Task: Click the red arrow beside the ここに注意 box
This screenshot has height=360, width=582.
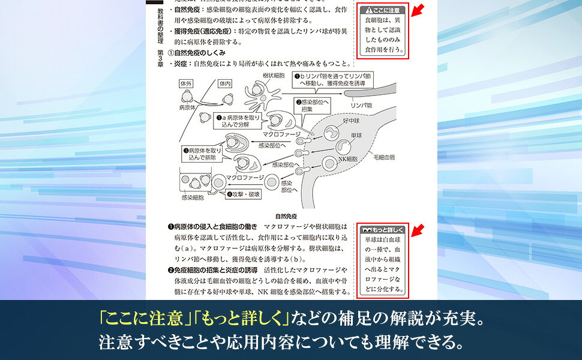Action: [417, 10]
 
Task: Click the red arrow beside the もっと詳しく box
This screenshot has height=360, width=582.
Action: [417, 230]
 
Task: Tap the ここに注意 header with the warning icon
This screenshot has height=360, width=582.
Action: [383, 10]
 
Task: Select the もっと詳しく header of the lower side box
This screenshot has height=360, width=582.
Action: [383, 230]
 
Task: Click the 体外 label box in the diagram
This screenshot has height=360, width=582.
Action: [185, 83]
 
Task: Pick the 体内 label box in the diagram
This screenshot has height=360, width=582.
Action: [225, 83]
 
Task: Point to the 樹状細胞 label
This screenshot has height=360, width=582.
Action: [274, 76]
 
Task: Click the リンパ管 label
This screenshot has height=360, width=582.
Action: [361, 106]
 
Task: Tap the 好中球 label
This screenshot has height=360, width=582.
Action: [351, 121]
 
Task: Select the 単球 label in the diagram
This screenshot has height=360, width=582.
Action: [356, 136]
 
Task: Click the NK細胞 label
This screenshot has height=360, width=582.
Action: [348, 159]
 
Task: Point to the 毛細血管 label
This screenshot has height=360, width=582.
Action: [384, 157]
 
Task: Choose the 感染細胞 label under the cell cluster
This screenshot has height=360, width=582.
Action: [193, 198]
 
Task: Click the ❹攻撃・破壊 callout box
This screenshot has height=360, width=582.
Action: [244, 194]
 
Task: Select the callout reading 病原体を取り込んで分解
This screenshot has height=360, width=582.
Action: [238, 121]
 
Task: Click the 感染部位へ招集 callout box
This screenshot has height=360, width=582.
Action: [312, 106]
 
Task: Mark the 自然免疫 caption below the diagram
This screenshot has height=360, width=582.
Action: [286, 216]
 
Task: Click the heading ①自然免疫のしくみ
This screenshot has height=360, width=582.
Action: [197, 53]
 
